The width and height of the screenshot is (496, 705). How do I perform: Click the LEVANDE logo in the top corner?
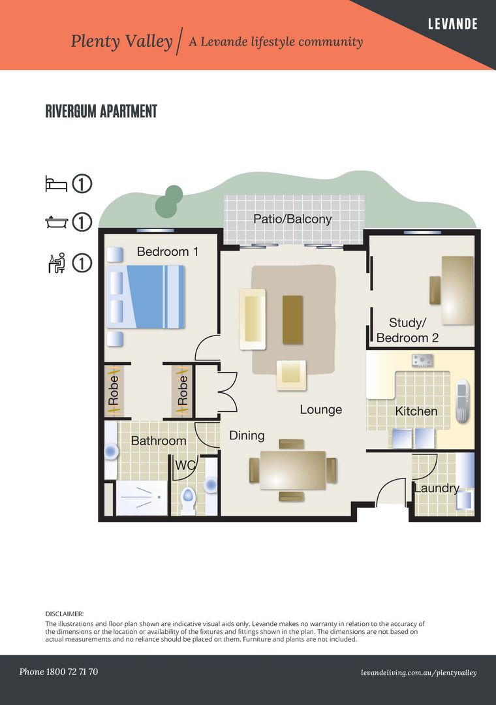452,24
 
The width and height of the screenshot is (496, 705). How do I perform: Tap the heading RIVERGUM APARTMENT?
101,112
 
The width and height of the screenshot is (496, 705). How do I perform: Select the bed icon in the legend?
56,183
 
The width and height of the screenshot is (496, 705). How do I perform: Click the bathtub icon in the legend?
56,222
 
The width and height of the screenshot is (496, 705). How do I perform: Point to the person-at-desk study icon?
56,262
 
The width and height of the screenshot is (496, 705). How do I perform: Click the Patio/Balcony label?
292,219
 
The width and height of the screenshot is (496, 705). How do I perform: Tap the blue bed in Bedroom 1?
146,296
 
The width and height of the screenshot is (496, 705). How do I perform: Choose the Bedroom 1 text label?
167,251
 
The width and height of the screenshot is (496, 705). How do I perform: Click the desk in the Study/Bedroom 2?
457,289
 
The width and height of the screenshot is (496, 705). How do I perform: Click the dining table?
292,470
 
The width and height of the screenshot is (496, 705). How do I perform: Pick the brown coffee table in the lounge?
292,319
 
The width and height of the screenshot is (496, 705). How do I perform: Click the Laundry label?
437,488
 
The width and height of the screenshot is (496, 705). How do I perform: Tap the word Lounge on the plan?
320,410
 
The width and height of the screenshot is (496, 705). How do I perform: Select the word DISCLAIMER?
65,614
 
